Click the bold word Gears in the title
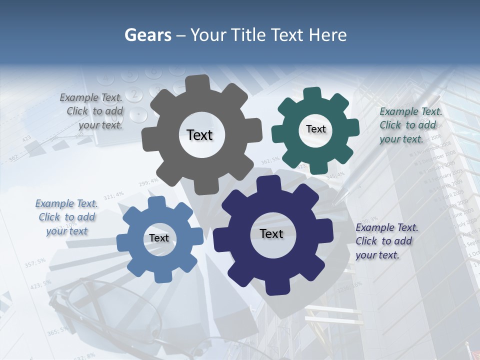point(148,35)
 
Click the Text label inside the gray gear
point(199,135)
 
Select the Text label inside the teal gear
point(315,129)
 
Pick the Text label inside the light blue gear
point(159,238)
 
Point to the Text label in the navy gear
point(271,233)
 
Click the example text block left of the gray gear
point(92,111)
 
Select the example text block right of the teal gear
point(410,125)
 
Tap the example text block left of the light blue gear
point(66,217)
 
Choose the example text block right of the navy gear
point(386,241)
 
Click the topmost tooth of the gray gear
point(201,82)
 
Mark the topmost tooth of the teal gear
point(313,93)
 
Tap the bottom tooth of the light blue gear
point(158,276)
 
